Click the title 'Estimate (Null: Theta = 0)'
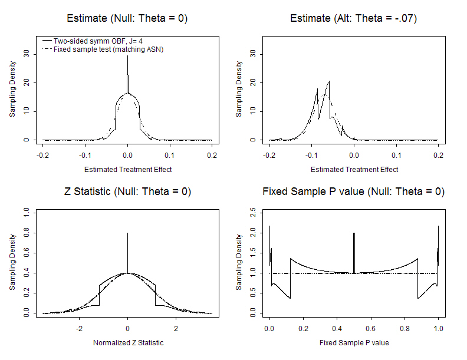click(127, 18)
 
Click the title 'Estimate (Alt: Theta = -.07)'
click(354, 18)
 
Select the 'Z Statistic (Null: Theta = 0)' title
click(127, 192)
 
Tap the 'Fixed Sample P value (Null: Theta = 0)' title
click(354, 192)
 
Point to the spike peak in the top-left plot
click(127, 57)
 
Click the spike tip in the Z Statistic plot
click(127, 233)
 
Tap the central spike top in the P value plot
click(354, 233)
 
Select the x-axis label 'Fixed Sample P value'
click(354, 343)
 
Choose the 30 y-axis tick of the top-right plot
click(253, 54)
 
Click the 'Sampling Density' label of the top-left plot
click(12, 88)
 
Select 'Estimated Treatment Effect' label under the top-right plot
click(354, 170)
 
